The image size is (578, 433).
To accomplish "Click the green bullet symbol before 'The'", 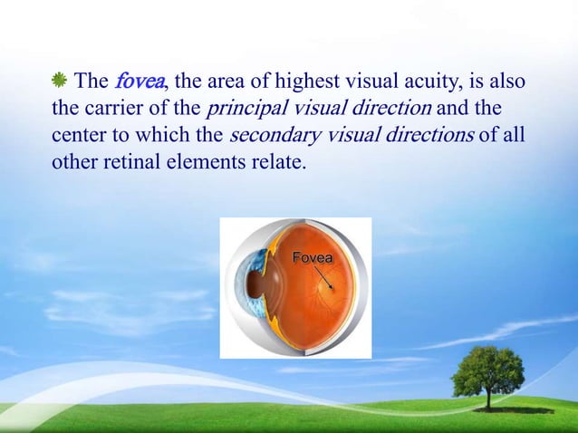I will point(59,82).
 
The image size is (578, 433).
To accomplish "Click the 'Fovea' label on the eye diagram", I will point(312,258).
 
